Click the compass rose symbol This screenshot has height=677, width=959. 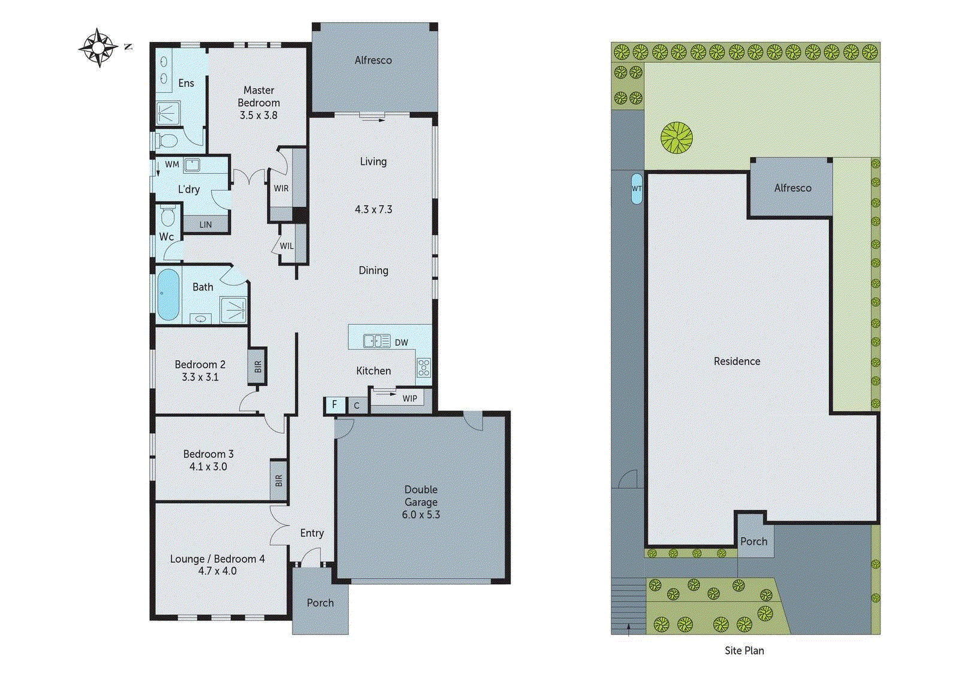(98, 47)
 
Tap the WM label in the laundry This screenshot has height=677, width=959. (172, 164)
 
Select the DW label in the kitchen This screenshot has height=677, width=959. (402, 343)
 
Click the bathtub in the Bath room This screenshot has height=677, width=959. (168, 295)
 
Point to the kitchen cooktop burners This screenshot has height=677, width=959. (424, 367)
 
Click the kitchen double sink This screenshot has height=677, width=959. (377, 341)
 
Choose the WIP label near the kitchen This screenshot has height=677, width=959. (410, 398)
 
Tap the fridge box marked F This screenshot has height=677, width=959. (334, 405)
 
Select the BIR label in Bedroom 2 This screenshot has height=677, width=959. (258, 366)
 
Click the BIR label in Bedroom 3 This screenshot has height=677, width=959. (279, 480)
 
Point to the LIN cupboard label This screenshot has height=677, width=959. (206, 225)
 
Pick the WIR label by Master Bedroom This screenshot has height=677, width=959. (281, 188)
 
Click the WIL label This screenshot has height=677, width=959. (287, 246)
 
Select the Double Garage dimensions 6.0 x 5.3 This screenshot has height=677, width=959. (421, 515)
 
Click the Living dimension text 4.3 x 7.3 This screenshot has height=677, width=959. (373, 210)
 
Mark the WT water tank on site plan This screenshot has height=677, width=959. (637, 189)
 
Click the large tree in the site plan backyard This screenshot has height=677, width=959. (677, 137)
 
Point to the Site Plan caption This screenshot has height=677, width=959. (744, 651)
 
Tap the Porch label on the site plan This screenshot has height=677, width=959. (753, 542)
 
